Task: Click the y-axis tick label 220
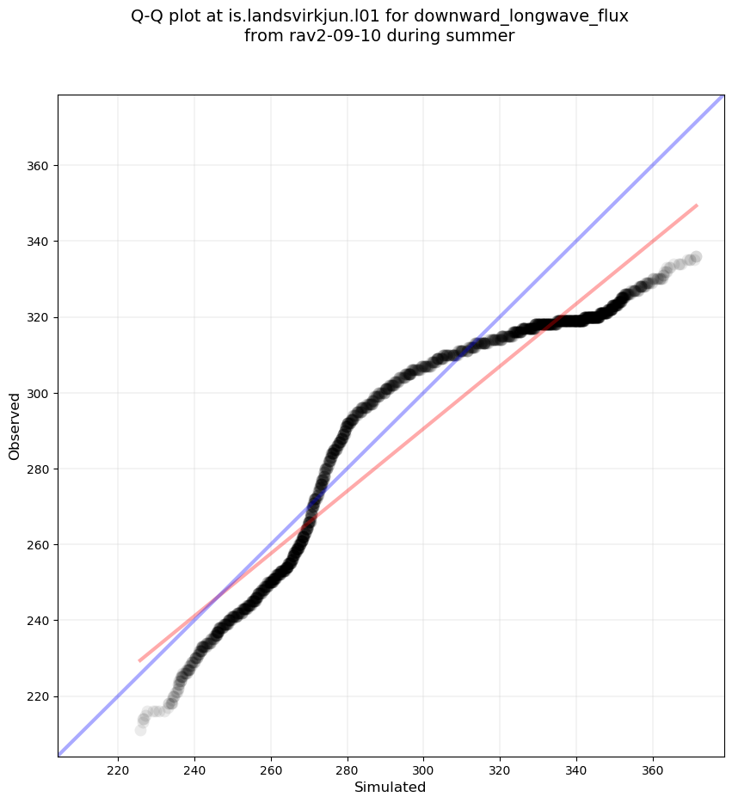coord(40,696)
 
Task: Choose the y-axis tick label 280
coord(40,469)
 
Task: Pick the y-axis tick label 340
coord(40,242)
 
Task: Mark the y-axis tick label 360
coord(40,166)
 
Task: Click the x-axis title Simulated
coord(391,787)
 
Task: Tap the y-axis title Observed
coord(15,426)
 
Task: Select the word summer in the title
coord(487,36)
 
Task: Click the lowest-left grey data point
coord(140,729)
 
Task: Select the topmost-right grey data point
coord(696,257)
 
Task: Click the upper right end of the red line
coord(697,205)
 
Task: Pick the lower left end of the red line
coord(139,661)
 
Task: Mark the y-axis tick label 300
coord(40,393)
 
